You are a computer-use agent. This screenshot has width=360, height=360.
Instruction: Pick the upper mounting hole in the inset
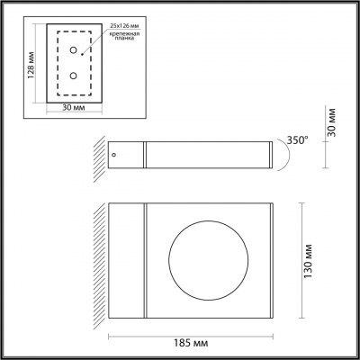74,52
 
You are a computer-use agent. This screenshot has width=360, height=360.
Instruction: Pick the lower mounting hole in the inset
74,76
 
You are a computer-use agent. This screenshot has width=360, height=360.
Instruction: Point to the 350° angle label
298,139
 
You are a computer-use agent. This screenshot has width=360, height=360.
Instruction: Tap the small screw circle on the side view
114,157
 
